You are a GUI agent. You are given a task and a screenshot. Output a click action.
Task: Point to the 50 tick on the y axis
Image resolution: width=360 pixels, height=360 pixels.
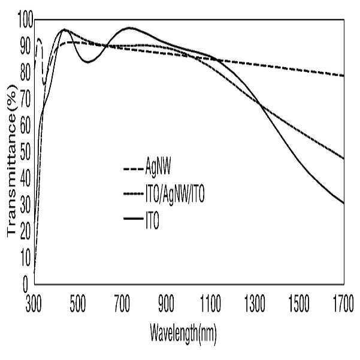tap(25, 153)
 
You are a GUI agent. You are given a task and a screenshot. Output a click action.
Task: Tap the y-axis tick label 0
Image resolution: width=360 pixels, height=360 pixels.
tap(25, 284)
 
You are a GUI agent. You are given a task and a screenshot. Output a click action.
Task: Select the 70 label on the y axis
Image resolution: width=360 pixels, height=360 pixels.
tap(25, 100)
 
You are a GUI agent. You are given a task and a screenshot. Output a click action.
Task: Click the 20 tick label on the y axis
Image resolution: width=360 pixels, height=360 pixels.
tap(25, 232)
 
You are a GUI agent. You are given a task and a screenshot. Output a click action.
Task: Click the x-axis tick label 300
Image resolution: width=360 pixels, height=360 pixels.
tap(34, 304)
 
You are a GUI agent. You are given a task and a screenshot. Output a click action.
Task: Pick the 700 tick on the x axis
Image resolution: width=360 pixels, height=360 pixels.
tap(122, 304)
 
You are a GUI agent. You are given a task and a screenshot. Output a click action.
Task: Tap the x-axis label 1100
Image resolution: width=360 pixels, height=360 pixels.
tap(210, 304)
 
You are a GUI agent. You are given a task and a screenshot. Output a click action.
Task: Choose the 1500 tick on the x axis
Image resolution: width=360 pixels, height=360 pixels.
tap(299, 304)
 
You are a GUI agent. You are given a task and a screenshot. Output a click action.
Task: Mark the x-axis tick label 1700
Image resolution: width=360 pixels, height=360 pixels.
tap(343, 304)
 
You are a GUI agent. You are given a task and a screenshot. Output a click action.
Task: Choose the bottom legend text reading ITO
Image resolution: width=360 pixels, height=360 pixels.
tap(152, 220)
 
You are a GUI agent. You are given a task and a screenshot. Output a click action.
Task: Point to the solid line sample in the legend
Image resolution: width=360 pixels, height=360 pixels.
tap(134, 219)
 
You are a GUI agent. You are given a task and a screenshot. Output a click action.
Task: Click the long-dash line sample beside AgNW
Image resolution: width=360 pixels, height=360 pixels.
tap(134, 170)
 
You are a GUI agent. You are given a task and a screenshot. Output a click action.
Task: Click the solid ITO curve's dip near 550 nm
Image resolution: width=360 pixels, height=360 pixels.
tap(87, 62)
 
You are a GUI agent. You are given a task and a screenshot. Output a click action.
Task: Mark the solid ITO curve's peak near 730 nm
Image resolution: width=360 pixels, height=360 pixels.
tap(129, 28)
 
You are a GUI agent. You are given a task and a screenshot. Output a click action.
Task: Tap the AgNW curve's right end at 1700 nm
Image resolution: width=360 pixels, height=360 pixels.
tap(344, 75)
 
